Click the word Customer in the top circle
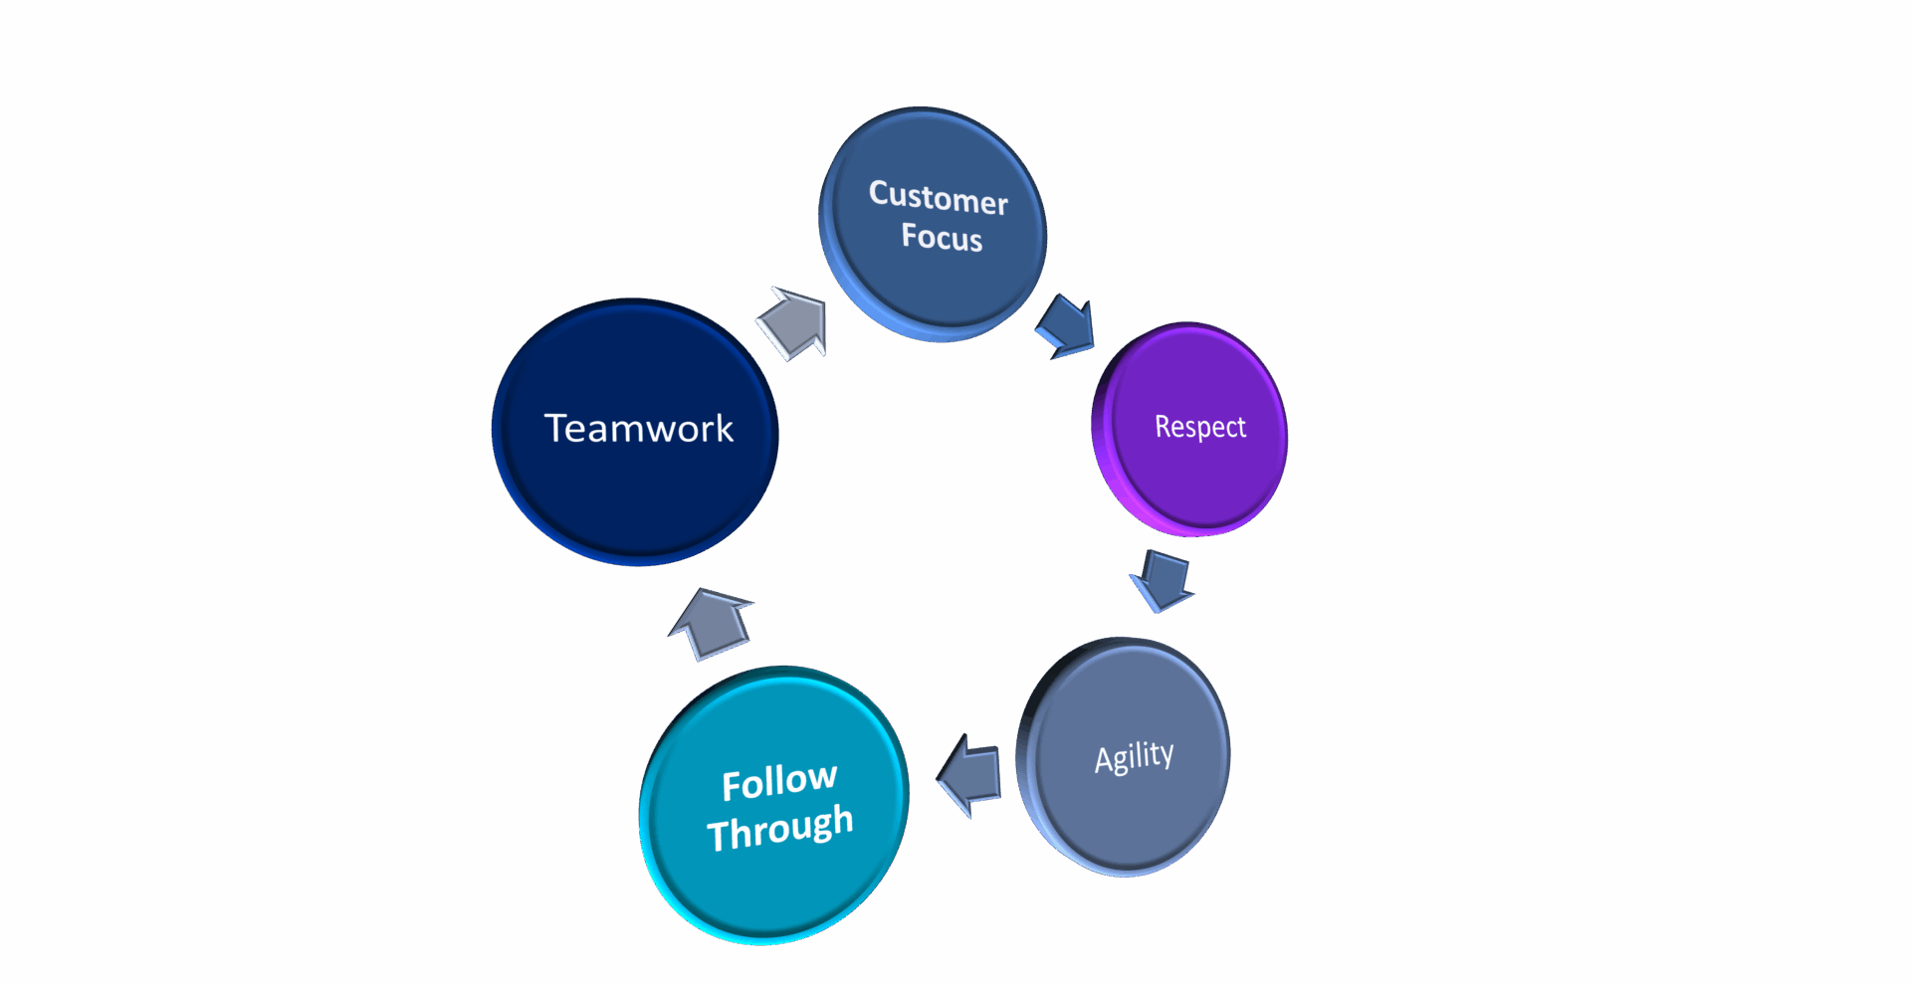[938, 197]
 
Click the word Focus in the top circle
[942, 237]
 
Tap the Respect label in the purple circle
[1199, 427]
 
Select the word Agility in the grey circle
[1134, 757]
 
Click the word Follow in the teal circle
[779, 782]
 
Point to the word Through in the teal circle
[780, 828]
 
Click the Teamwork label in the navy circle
[638, 428]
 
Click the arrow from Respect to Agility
[1162, 581]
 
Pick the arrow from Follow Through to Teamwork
[712, 624]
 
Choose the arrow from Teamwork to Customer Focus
[793, 322]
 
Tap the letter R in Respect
[1162, 426]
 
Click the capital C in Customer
[879, 191]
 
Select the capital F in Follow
[732, 787]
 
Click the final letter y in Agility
[1167, 754]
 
